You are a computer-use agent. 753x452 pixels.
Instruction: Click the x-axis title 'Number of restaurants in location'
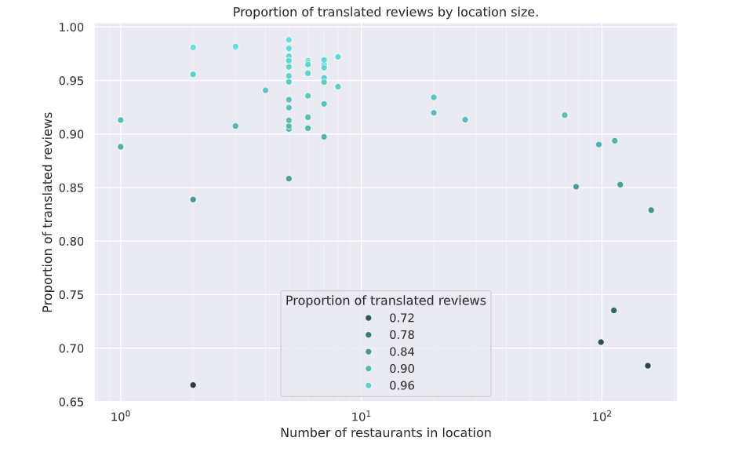(x=385, y=433)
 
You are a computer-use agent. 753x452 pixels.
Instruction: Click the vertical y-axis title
(x=48, y=212)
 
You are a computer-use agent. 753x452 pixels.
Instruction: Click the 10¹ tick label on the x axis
(x=361, y=414)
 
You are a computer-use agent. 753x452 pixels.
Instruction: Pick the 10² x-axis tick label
(x=602, y=414)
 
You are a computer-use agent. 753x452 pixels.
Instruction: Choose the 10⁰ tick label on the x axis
(x=120, y=414)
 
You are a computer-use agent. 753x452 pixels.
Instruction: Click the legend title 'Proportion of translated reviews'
(x=385, y=301)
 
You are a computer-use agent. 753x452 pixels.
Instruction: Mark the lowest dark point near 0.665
(x=193, y=385)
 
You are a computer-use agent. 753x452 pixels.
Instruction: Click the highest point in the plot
(x=289, y=40)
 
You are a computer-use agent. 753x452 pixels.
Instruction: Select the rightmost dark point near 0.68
(x=648, y=366)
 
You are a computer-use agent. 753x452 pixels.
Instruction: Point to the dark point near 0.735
(x=613, y=311)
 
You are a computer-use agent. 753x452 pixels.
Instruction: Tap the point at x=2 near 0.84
(x=193, y=200)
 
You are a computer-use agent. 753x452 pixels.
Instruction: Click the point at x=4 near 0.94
(x=265, y=90)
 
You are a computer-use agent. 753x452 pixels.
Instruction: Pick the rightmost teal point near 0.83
(x=651, y=210)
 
